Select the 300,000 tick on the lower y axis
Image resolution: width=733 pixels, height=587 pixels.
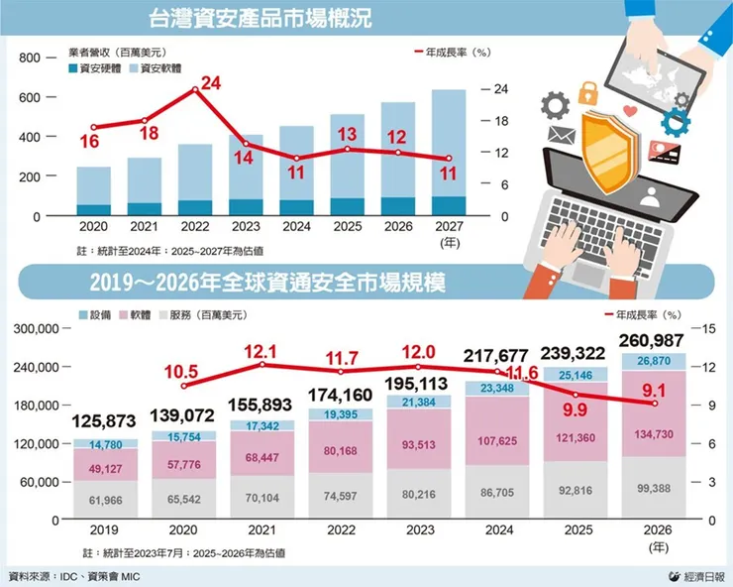click(35, 328)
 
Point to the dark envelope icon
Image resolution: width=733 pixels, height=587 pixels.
click(562, 135)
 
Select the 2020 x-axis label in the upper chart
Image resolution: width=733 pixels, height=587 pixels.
click(93, 229)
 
